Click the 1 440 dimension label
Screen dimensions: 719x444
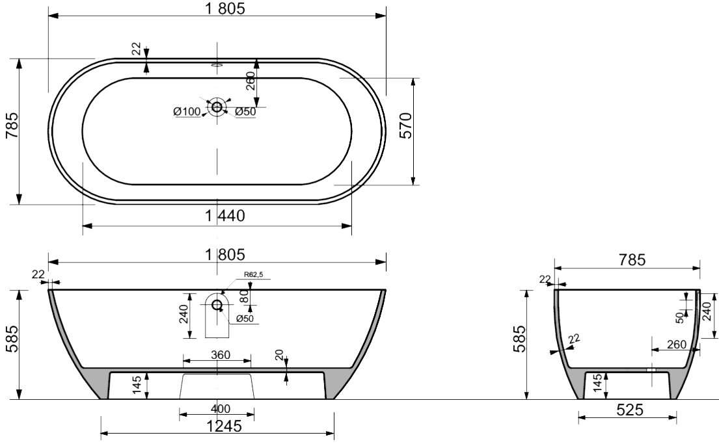(224, 215)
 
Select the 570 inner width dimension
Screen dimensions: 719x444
(407, 125)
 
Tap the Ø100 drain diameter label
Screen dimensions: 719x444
(187, 111)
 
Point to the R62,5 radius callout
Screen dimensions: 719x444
(253, 275)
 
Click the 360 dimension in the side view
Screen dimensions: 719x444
(221, 355)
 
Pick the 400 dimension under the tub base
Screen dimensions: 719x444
(221, 408)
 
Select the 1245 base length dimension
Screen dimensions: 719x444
(223, 426)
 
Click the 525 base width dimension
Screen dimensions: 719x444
(630, 410)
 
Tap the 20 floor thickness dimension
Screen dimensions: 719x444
(280, 356)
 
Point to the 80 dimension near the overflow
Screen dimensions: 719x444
(245, 296)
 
